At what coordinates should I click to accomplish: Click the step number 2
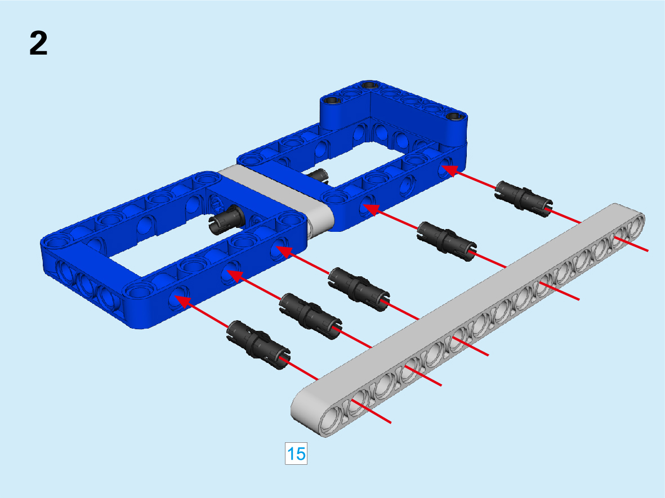pos(38,43)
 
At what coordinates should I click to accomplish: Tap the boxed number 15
pos(296,454)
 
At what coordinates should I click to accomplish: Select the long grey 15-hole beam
pos(467,320)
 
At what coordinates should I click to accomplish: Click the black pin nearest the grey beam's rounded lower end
pos(258,344)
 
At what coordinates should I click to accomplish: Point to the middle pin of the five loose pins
pos(359,289)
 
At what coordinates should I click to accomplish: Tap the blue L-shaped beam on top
pos(394,109)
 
